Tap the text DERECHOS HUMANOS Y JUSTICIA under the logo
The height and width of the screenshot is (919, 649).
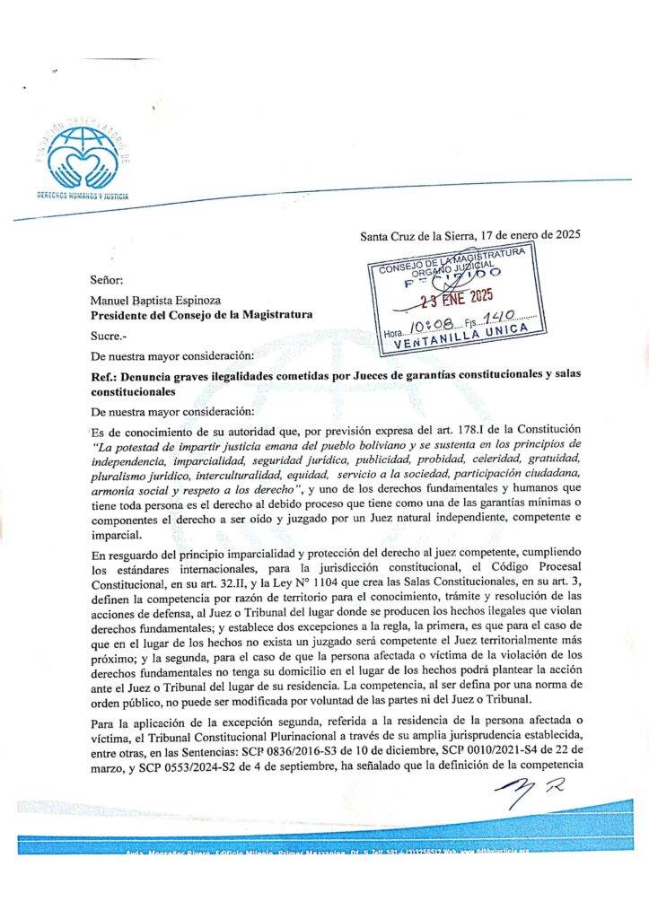83,195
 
